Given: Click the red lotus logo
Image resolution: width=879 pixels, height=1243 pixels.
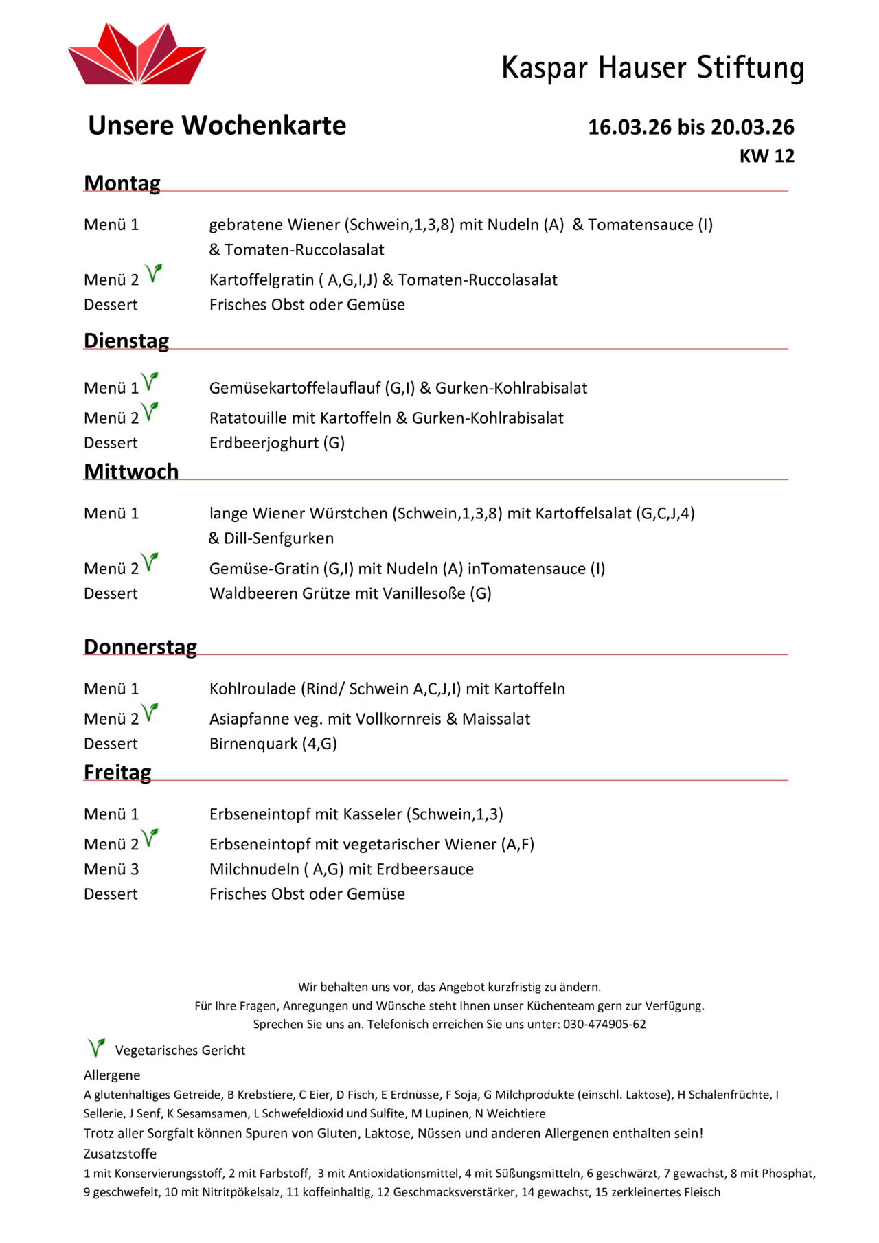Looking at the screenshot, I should coord(137,55).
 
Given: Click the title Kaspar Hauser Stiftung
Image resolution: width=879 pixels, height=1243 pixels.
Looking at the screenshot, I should coord(652,68).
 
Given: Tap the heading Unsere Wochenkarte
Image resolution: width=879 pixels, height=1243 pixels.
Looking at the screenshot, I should coord(217,126).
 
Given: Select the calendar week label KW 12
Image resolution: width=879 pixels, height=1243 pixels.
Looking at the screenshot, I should coord(766,157).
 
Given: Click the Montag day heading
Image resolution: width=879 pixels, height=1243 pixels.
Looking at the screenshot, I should coord(122,183).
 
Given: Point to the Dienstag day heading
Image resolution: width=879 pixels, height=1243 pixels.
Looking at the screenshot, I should coord(126,341).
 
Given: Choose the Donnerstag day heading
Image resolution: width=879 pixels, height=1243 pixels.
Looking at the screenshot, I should coord(140,647).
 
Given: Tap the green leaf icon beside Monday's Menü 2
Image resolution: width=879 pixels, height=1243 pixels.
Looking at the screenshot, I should coord(153,273).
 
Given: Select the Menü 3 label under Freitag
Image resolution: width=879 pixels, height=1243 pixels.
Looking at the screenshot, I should coord(111,869).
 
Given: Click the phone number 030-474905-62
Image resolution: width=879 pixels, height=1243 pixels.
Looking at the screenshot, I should coord(604,1024).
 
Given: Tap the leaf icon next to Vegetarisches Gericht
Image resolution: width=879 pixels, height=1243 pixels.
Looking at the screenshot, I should coord(96,1047).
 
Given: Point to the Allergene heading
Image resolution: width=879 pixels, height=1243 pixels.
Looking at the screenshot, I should coord(112,1075).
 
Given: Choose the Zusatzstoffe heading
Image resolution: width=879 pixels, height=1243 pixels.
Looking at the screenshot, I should coord(120,1154).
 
